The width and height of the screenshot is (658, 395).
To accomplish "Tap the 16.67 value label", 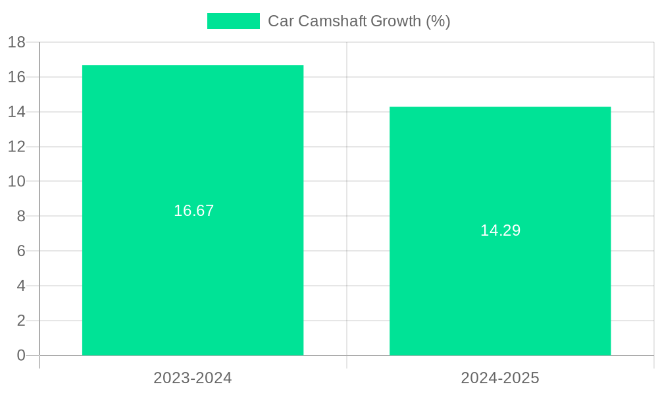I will point(193,211).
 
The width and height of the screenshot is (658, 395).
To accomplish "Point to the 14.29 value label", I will point(500,230).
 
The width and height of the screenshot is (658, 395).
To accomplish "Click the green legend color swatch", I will point(234,21).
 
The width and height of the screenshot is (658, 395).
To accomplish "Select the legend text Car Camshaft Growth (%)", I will point(359,21).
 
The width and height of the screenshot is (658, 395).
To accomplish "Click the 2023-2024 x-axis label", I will point(193,378).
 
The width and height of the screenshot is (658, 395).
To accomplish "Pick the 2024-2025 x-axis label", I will point(500,378).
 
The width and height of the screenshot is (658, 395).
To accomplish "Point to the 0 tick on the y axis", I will point(21,355).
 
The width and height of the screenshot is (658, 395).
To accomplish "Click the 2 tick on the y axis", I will point(21,321).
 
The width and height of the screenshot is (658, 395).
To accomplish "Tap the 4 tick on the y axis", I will point(21,286).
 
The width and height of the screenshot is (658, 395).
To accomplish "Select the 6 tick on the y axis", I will point(21,251).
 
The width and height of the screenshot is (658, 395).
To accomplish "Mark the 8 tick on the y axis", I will point(21,216).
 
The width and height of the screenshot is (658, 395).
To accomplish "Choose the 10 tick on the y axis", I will point(16,181).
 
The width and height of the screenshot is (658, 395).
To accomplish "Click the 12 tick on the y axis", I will point(16,147).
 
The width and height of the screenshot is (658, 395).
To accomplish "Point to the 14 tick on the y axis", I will point(16,112).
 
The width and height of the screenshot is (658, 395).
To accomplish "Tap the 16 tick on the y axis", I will point(16,77).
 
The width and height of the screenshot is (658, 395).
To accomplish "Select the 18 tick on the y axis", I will point(16,42).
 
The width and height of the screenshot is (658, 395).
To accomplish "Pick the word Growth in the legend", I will point(395,21).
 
